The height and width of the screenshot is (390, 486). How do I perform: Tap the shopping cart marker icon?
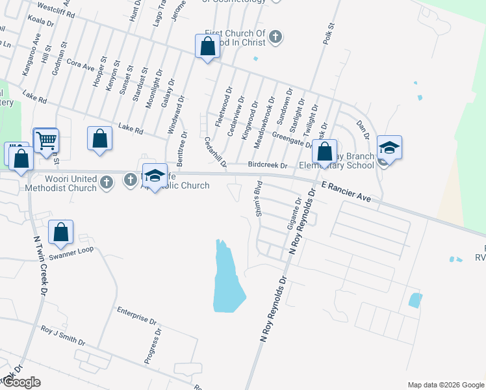tap(46, 140)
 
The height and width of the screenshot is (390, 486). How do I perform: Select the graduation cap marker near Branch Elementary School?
tap(389, 148)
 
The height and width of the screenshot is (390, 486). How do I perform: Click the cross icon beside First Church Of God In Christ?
tap(275, 36)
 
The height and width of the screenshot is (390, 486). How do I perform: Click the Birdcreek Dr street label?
tap(268, 166)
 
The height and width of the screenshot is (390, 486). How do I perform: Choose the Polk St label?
tap(328, 34)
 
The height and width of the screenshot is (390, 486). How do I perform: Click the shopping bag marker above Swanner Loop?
tap(60, 231)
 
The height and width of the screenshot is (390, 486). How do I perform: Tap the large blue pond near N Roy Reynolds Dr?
tap(228, 279)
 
